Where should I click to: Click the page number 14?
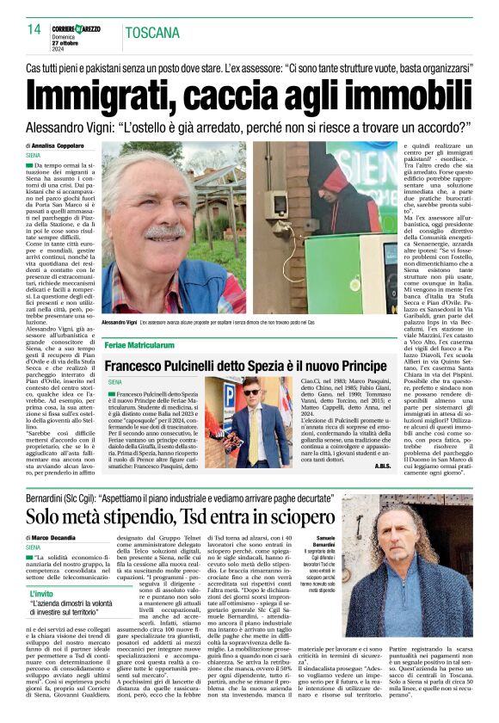point(34,29)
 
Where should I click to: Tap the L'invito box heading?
point(42,594)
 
